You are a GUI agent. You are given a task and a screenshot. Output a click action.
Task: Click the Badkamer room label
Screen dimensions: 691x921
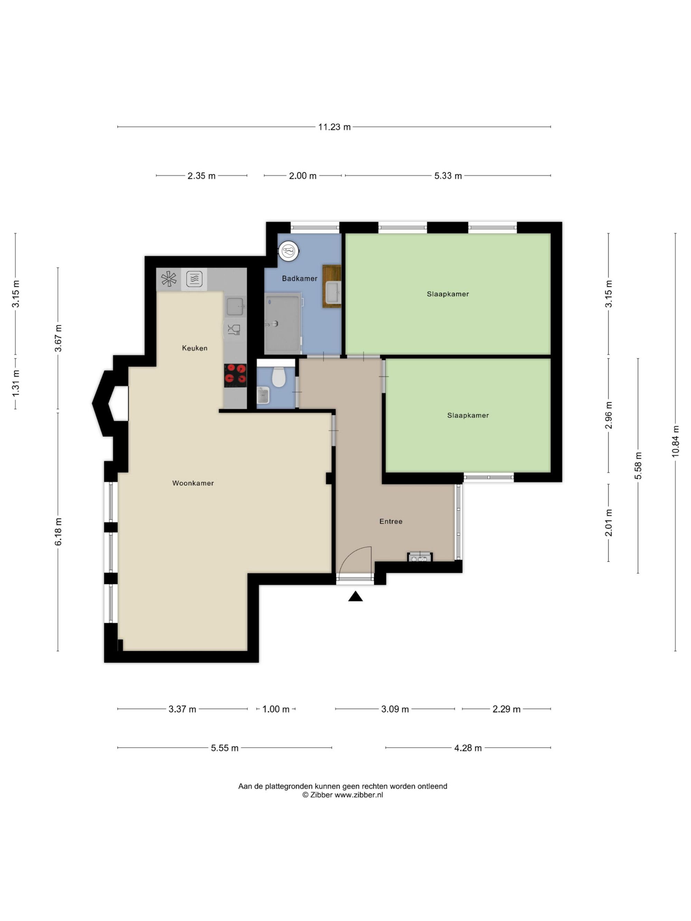[300, 279]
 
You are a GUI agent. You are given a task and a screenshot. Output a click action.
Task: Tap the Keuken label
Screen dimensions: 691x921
[195, 348]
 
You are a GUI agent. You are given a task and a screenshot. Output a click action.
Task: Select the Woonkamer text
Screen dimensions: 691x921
[193, 483]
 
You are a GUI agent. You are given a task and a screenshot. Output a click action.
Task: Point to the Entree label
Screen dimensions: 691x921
[391, 521]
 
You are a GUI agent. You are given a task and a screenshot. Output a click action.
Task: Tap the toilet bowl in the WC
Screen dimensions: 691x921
[278, 376]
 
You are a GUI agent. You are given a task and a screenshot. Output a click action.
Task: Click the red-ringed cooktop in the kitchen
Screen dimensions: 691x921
[235, 376]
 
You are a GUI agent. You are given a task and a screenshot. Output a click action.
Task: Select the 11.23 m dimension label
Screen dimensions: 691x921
[334, 127]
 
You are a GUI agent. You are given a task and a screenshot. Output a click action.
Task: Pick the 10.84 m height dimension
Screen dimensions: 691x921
[675, 441]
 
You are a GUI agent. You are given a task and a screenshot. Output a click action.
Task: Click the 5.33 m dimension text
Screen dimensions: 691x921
[448, 176]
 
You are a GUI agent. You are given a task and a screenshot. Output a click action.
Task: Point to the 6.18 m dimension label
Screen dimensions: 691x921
[58, 532]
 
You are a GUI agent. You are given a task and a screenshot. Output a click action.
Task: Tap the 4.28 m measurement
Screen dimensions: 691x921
[468, 748]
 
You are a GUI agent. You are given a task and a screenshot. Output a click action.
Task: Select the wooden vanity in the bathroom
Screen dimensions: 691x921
[332, 287]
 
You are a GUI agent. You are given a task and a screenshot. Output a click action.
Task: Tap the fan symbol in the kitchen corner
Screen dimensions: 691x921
[169, 279]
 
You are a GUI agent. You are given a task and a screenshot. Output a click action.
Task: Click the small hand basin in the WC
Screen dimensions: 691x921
[263, 395]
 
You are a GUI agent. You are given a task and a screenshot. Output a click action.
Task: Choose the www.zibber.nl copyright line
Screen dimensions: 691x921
[342, 795]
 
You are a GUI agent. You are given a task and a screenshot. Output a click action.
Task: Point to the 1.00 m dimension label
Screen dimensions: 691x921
[276, 709]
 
